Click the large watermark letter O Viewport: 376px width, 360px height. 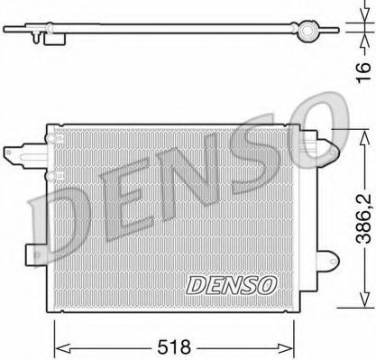point(307,125)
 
